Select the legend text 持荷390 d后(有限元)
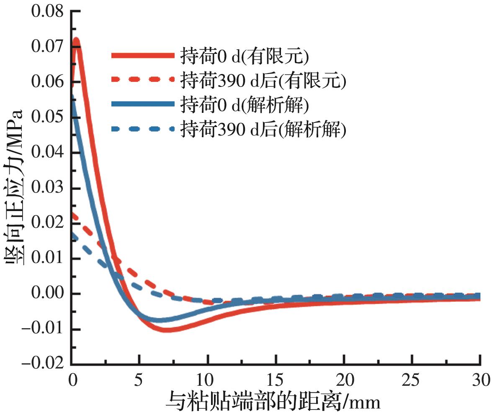click(263, 80)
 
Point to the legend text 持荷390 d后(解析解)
click(263, 130)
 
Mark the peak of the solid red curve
click(76, 40)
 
